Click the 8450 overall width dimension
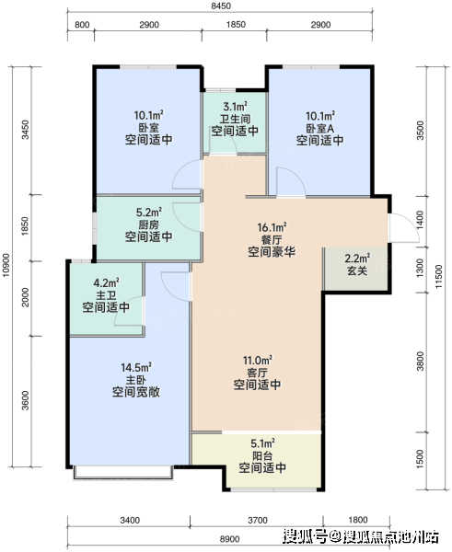(221, 6)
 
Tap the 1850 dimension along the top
(236, 25)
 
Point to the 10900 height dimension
(6, 265)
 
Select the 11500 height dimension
(438, 277)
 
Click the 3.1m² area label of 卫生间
(235, 107)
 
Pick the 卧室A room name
(319, 128)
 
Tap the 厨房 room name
(148, 224)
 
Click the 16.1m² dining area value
(272, 227)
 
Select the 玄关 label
(357, 270)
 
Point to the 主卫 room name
(106, 295)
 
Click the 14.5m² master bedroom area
(136, 367)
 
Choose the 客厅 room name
(257, 373)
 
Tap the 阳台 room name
(262, 456)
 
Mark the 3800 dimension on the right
(420, 362)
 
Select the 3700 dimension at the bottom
(258, 521)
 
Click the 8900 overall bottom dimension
(230, 539)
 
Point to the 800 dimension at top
(82, 25)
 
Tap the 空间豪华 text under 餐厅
(272, 252)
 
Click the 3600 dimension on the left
(25, 400)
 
